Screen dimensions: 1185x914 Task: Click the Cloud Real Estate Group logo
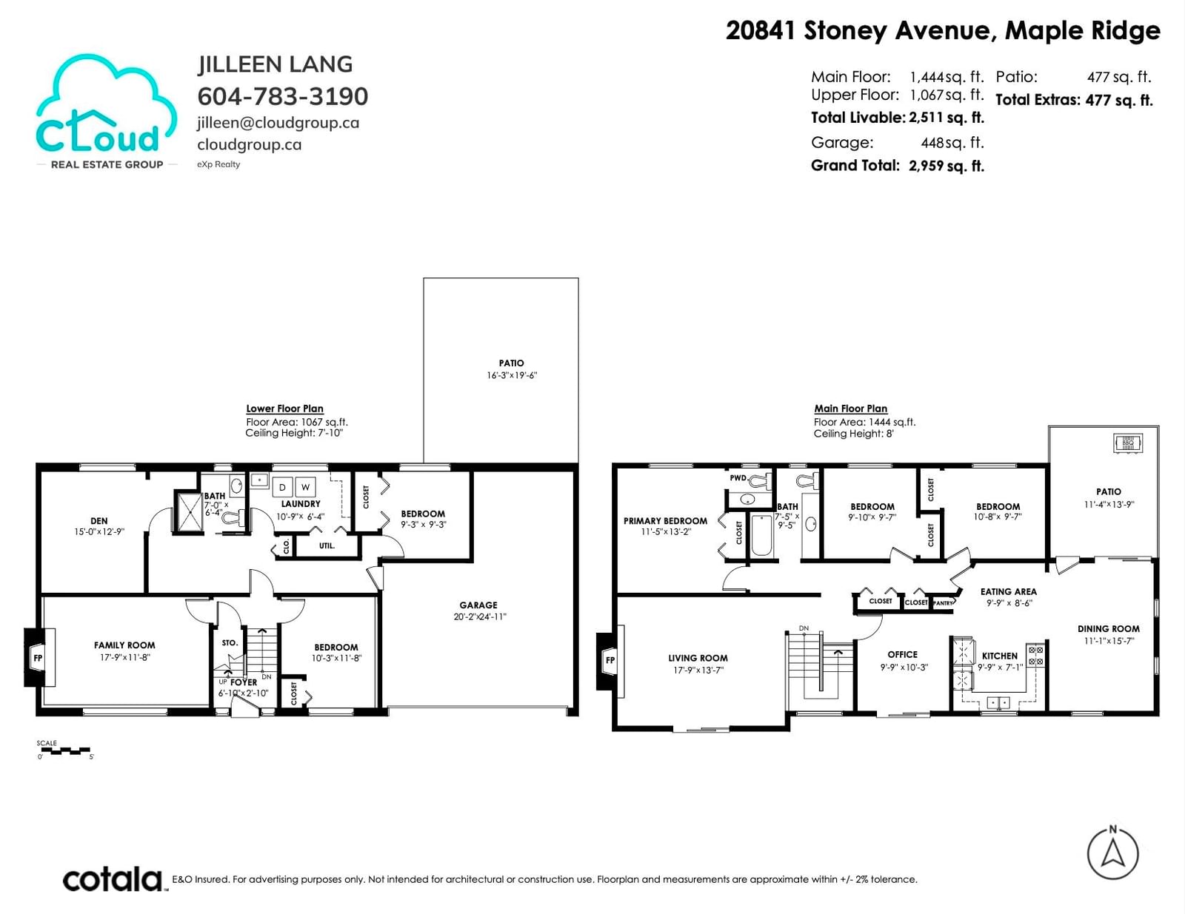[x=107, y=112]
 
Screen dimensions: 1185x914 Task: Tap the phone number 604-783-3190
[x=282, y=97]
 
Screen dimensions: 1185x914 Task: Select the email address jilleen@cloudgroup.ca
[x=278, y=123]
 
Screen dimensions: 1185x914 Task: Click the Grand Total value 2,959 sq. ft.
[x=946, y=166]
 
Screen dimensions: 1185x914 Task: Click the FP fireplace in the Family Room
[x=39, y=657]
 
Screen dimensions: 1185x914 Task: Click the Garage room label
[x=478, y=605]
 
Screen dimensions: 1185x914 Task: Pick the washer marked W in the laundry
[x=305, y=487]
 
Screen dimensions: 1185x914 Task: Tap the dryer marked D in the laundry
[x=282, y=487]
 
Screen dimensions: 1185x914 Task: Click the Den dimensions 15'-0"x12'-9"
[x=99, y=531]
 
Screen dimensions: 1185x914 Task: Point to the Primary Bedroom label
[x=665, y=521]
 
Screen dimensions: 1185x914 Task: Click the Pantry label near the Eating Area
[x=943, y=603]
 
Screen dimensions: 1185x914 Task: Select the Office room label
[x=903, y=655]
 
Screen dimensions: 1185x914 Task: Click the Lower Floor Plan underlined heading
[x=284, y=409]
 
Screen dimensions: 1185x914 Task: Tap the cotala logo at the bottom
[x=113, y=880]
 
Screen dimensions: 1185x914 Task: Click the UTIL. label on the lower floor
[x=327, y=545]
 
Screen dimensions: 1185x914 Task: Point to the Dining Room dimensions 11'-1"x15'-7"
[x=1109, y=641]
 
